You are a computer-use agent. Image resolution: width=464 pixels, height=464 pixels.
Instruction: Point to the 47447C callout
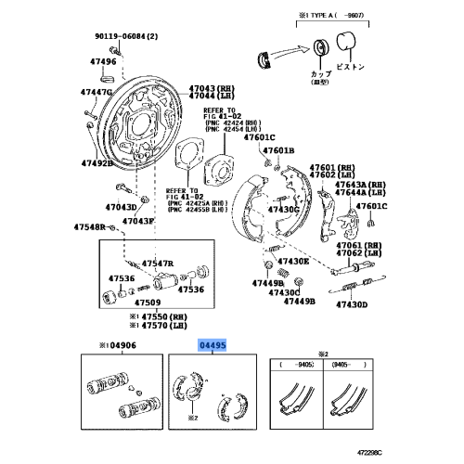(x=96, y=93)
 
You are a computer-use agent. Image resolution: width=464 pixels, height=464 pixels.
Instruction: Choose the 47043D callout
(x=122, y=206)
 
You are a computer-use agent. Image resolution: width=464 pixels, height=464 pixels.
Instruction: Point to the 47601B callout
(x=276, y=149)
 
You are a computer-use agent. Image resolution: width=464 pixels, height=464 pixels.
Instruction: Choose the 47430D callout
(x=352, y=304)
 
